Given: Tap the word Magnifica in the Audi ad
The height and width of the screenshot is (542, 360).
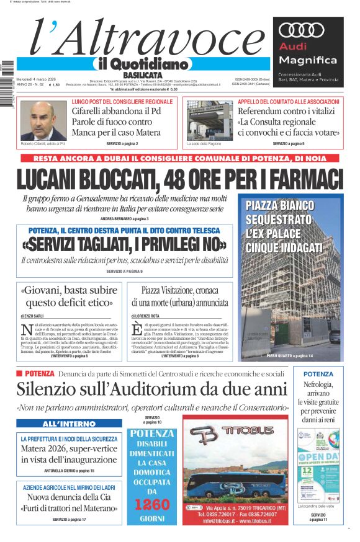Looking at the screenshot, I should click(308, 60).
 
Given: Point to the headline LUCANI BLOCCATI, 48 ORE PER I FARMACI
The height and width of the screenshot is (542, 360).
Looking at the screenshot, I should click(180, 178).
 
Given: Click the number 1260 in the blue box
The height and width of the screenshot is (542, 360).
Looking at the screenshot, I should click(152, 504).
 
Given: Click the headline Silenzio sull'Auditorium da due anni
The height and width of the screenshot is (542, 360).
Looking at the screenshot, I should click(152, 389).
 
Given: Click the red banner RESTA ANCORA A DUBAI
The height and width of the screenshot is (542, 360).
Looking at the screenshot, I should click(180, 158).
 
